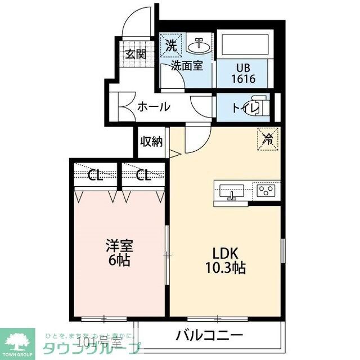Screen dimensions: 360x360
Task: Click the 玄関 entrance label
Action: click(135, 54)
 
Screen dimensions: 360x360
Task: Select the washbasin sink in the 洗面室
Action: click(199, 45)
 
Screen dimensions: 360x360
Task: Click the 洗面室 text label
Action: click(187, 66)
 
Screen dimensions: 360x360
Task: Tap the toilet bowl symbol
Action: click(259, 107)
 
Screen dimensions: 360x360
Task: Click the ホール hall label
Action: click(154, 106)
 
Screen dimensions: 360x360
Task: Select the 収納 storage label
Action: click(151, 142)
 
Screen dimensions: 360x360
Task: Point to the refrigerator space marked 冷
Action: click(268, 137)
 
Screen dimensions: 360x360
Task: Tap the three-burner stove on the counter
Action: click(267, 191)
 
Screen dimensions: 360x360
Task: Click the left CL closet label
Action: click(96, 175)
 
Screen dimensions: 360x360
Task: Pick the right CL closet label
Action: click(143, 175)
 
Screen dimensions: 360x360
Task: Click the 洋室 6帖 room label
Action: click(119, 254)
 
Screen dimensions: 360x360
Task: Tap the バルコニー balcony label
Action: click(209, 336)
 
